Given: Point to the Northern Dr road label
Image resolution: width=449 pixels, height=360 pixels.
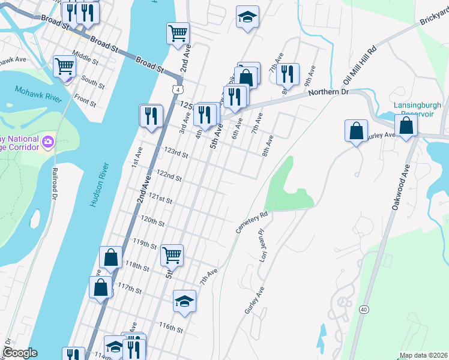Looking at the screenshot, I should point(328,91).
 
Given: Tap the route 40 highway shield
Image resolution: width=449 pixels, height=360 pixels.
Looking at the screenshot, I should point(364,309).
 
